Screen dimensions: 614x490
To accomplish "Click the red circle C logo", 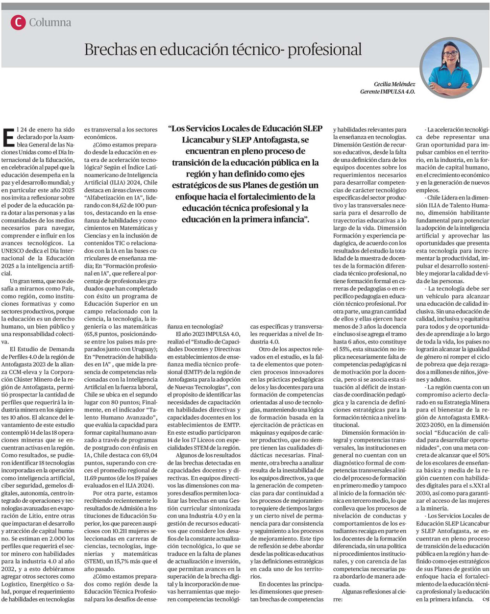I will pyautogui.click(x=18, y=22).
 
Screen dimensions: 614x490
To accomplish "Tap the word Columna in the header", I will pyautogui.click(x=50, y=23).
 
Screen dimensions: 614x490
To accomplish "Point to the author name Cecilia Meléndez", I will pyautogui.click(x=394, y=84).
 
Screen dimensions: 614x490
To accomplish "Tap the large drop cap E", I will pyautogui.click(x=8, y=137).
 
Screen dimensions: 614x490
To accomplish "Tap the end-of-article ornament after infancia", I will pyautogui.click(x=486, y=599).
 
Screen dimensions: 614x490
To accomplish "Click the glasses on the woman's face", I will pyautogui.click(x=450, y=53).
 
